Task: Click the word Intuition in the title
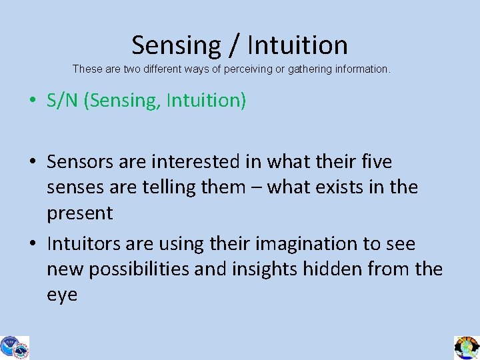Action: click(x=297, y=45)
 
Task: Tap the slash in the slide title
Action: click(x=234, y=45)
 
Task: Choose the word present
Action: click(x=80, y=213)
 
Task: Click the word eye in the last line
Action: click(x=62, y=295)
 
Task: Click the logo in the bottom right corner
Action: click(x=467, y=347)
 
